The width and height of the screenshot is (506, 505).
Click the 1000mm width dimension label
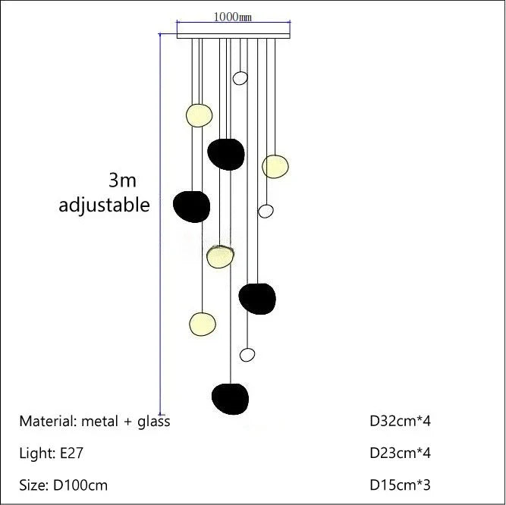click(233, 17)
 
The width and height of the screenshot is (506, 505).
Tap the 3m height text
click(122, 180)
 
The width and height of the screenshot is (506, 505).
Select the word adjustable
click(105, 205)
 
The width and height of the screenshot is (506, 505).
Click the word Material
click(46, 422)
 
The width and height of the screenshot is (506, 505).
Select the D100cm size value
click(80, 485)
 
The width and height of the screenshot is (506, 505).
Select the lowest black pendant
click(230, 396)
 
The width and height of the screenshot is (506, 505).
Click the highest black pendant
click(226, 154)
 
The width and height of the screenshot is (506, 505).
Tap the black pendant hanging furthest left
click(191, 205)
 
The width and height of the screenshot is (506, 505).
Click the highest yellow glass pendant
click(199, 115)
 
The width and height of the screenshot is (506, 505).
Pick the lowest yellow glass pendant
click(202, 323)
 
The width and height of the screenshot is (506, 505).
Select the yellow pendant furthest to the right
click(275, 166)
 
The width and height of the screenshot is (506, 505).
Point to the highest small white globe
click(240, 77)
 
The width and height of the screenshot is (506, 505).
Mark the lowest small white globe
click(247, 354)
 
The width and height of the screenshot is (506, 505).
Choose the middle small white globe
click(266, 211)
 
